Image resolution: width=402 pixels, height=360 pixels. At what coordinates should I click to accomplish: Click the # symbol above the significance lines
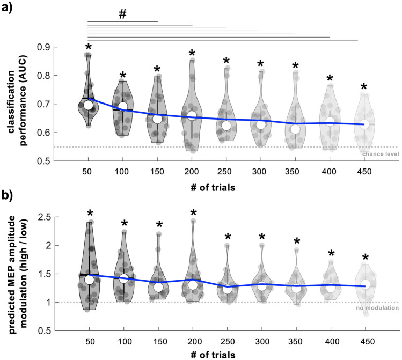click(122, 14)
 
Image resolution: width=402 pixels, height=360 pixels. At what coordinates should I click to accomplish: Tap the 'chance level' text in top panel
click(380, 155)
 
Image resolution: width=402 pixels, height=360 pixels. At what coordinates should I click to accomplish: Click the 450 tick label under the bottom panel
click(364, 342)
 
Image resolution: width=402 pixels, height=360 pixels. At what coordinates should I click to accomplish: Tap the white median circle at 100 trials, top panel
click(123, 107)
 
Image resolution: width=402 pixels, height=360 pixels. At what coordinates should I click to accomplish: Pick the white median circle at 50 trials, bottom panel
click(89, 279)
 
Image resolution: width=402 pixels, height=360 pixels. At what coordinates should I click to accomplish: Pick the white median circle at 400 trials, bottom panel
click(330, 288)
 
